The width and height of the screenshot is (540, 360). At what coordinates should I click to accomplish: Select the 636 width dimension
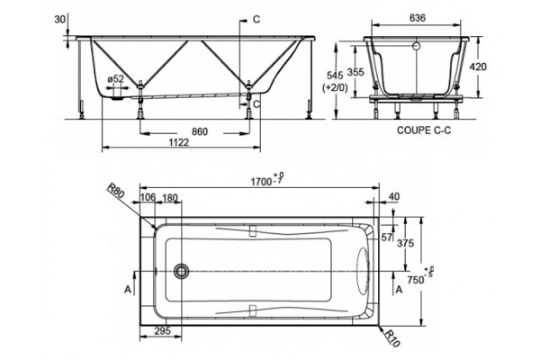coord(418,18)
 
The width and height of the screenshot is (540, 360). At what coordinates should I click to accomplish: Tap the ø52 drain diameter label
coord(115,78)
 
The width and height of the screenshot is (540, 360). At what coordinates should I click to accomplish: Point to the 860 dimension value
coord(200,131)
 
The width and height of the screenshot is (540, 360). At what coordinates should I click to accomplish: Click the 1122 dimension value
coord(179,142)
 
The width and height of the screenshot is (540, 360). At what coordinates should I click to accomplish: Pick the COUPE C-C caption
coord(424,130)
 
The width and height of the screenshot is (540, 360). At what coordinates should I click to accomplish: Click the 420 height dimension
coord(478,67)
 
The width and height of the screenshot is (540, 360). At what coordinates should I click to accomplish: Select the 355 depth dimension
coord(355,72)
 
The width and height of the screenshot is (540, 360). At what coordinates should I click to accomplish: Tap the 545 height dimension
coord(335,76)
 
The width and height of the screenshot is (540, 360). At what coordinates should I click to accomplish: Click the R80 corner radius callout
coord(116,190)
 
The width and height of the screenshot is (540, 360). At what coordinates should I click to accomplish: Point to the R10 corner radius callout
coord(391,337)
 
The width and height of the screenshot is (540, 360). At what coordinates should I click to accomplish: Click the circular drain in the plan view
coord(181,271)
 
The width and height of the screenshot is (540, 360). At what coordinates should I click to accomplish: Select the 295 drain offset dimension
coord(162,331)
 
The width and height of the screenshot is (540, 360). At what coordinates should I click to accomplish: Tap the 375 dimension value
coord(405,243)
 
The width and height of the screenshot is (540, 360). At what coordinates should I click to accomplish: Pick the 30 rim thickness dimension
coord(59,19)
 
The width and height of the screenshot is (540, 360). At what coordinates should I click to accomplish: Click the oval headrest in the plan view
coord(363,271)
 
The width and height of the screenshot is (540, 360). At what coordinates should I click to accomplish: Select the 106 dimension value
coord(148,197)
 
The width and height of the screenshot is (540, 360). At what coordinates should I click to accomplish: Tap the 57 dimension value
coord(386,237)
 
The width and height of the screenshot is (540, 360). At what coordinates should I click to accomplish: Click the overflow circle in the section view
coord(417,46)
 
